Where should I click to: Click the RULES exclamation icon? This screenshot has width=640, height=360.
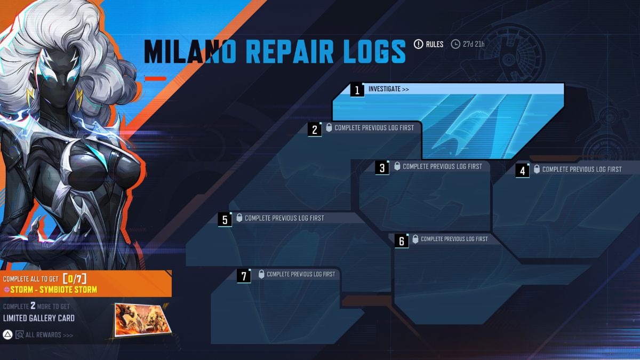pos(418,44)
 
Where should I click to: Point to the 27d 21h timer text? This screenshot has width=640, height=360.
pos(474,44)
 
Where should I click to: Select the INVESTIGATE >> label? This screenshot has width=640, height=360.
pos(388,89)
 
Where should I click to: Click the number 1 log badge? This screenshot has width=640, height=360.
pos(357,90)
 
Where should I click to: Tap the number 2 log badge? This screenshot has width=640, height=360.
pos(315,129)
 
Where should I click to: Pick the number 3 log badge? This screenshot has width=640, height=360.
pos(382,168)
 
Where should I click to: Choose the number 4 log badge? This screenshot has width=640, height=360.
pos(522,171)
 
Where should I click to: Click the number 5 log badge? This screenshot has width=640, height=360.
pos(225,219)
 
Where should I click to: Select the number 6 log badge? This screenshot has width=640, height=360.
pos(402,241)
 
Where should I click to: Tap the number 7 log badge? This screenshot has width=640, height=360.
pos(244,276)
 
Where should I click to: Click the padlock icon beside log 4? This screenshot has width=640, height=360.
pos(537,169)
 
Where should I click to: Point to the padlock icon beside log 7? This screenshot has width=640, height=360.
pos(261,274)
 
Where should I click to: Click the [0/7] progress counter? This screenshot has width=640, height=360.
pos(74,278)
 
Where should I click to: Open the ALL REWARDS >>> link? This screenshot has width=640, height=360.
pos(49,335)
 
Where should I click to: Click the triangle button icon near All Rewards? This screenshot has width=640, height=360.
pos(7,335)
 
